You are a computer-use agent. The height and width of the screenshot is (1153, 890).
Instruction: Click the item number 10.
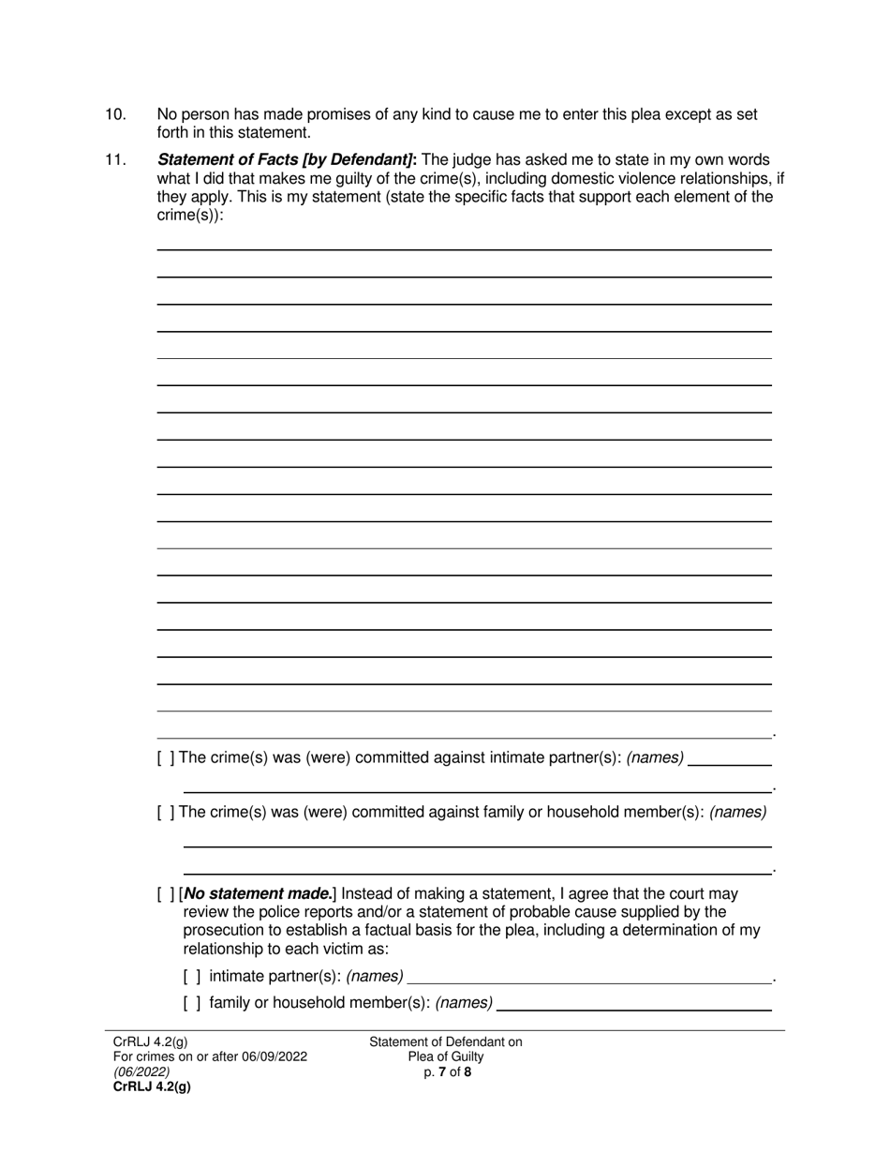pyautogui.click(x=115, y=115)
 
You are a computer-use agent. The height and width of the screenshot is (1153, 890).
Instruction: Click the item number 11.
pyautogui.click(x=115, y=160)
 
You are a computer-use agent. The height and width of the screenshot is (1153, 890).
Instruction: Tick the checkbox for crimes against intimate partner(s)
pyautogui.click(x=165, y=758)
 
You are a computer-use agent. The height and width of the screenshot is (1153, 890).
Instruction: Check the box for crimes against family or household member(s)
pyautogui.click(x=165, y=813)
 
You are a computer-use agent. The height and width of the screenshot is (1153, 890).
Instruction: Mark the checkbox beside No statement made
pyautogui.click(x=165, y=894)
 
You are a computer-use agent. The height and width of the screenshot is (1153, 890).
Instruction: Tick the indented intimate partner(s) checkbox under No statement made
pyautogui.click(x=192, y=977)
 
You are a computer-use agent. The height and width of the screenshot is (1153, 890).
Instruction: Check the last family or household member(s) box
pyautogui.click(x=192, y=1003)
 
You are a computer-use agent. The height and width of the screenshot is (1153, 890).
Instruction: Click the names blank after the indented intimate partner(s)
pyautogui.click(x=589, y=978)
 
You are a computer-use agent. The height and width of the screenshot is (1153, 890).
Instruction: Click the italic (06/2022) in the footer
pyautogui.click(x=141, y=1071)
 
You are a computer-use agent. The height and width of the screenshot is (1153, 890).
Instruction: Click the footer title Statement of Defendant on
pyautogui.click(x=446, y=1042)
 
